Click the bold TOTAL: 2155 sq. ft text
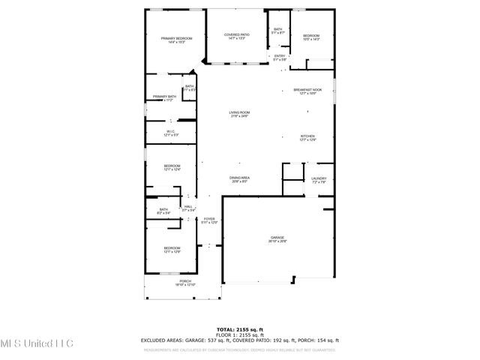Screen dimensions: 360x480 [x=240, y=329]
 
